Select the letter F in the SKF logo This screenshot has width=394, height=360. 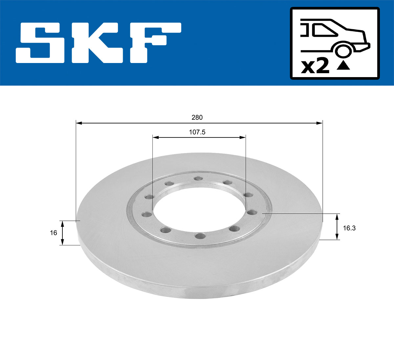[x=154, y=43]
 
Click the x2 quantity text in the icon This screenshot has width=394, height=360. [x=315, y=66]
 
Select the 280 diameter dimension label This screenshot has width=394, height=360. [x=197, y=117]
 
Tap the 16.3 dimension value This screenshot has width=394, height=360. [x=349, y=228]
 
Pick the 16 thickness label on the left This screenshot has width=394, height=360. [x=53, y=233]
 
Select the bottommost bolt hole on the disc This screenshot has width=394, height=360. [x=200, y=236]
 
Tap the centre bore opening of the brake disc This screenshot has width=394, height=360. [x=199, y=207]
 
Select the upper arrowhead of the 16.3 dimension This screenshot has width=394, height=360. [x=337, y=216]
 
